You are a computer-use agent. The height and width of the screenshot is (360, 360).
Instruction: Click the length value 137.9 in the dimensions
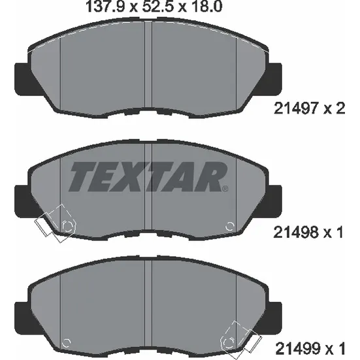tap(105, 7)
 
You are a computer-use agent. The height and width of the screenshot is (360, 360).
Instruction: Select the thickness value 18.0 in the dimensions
tap(207, 7)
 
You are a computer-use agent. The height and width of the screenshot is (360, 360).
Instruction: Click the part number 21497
tap(295, 108)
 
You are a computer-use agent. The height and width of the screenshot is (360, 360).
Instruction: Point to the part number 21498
tap(295, 233)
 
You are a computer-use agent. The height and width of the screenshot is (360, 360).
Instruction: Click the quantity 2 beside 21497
tap(340, 108)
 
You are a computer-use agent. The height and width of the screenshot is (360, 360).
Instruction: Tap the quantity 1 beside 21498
tap(340, 233)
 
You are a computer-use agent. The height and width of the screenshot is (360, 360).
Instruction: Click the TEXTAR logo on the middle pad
tap(148, 176)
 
